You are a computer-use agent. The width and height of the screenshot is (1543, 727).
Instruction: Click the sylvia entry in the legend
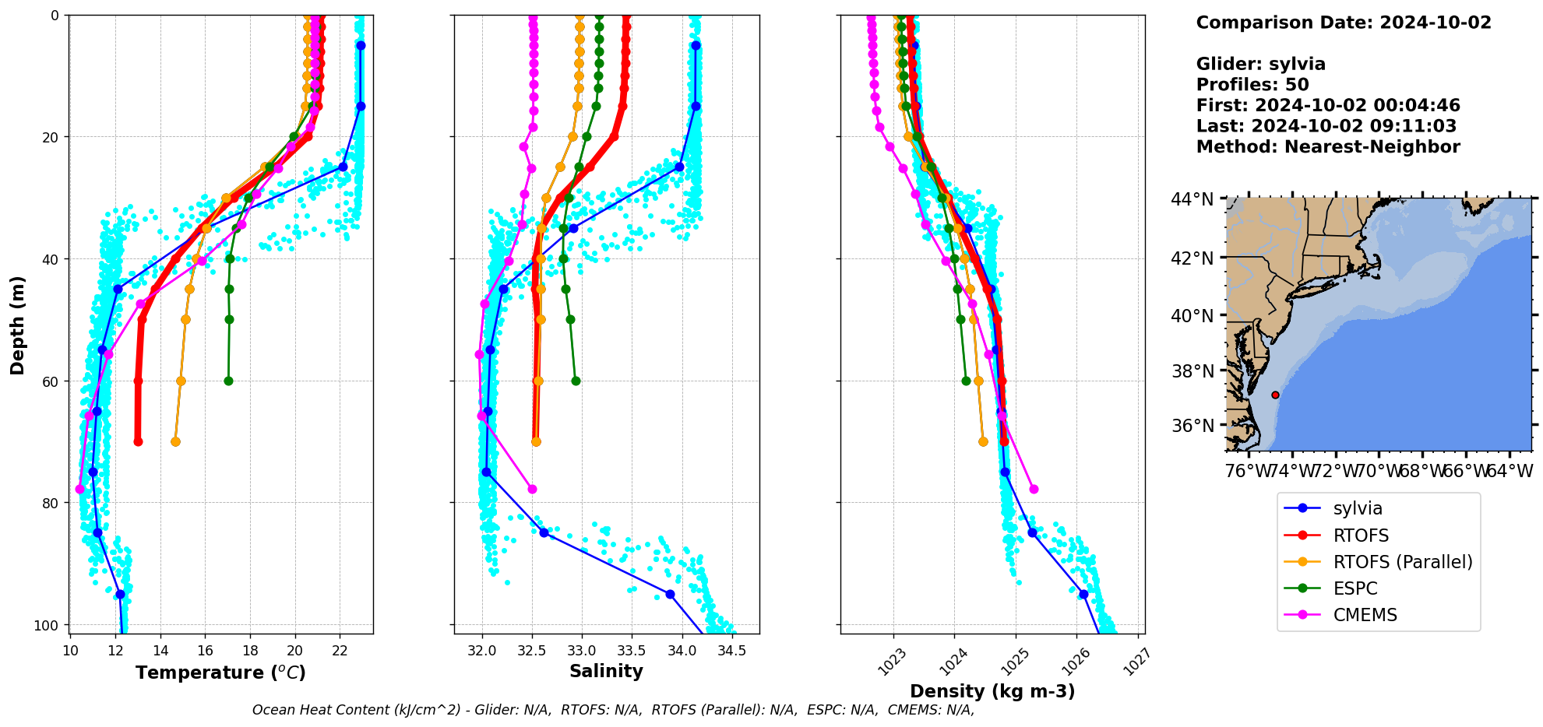1357,508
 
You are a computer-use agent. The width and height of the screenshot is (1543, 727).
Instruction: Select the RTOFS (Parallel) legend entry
1402,562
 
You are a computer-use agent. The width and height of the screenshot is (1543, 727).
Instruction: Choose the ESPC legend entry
1355,588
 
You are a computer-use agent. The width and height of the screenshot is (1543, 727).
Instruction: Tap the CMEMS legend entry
1365,615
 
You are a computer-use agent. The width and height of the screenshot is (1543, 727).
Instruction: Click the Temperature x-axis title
220,673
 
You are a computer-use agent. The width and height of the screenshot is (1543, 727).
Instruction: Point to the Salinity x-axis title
606,671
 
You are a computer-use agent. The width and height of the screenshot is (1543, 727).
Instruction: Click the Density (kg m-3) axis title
992,691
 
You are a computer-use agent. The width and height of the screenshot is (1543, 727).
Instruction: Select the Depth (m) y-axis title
17,325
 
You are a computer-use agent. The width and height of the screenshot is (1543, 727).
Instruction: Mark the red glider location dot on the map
1275,395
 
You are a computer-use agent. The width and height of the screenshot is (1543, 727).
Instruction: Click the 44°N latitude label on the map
1192,200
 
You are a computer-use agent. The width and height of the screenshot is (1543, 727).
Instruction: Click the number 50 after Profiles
1297,85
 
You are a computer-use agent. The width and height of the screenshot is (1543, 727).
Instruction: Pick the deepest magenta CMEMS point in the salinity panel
532,489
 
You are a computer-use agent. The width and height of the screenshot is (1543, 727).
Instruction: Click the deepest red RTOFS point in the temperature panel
138,441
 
